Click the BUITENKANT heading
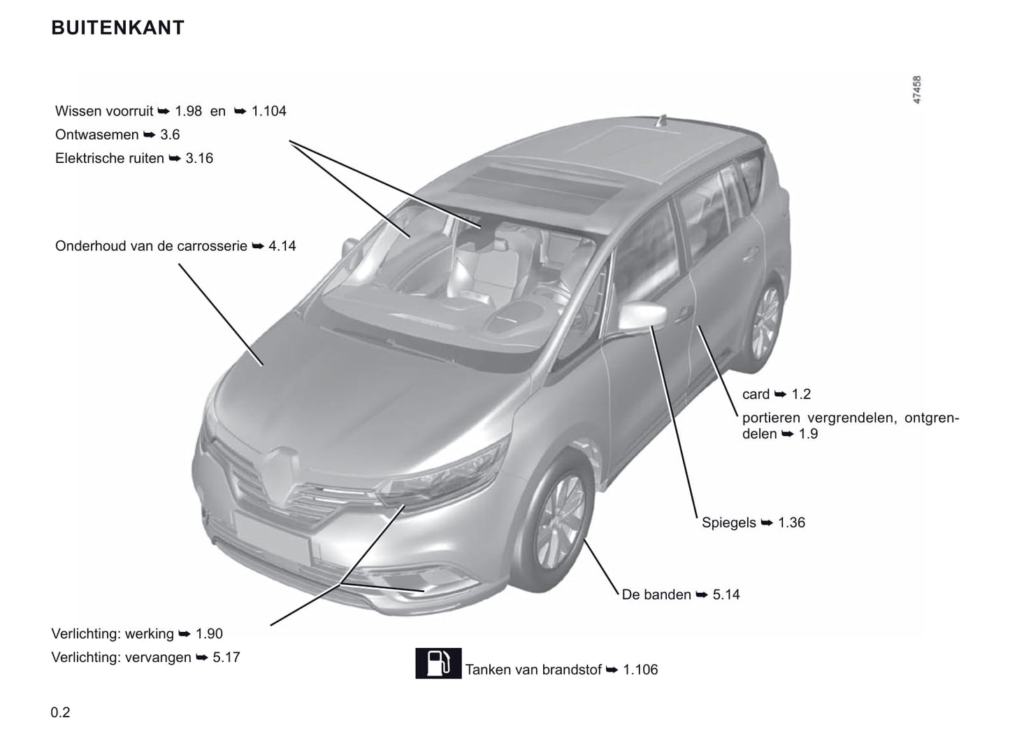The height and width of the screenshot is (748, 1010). (117, 28)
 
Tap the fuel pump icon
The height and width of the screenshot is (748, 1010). (438, 663)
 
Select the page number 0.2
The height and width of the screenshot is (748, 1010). (60, 712)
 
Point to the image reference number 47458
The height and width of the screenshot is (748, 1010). (917, 89)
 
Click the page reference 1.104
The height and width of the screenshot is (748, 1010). (268, 111)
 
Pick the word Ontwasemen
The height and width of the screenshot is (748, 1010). (97, 135)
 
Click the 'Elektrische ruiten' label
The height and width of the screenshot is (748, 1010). (109, 159)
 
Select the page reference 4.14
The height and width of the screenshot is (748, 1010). (282, 247)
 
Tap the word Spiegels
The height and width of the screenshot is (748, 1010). (728, 523)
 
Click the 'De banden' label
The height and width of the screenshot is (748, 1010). (656, 595)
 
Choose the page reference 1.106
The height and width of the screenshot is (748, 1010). (640, 670)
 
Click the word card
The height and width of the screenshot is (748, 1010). (756, 394)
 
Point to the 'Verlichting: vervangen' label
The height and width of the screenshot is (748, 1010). (121, 658)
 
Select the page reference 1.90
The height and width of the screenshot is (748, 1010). (209, 634)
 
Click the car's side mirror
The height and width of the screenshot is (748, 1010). (642, 315)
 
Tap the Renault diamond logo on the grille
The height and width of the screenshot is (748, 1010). (282, 476)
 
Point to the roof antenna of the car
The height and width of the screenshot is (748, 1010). (661, 121)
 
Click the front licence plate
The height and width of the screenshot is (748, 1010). (273, 538)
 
